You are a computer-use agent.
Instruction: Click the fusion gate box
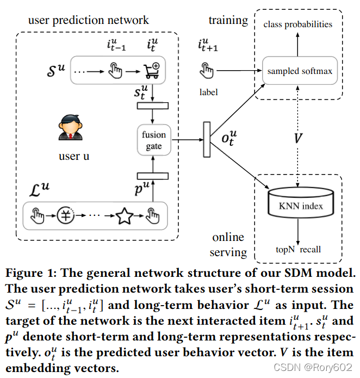[x=154, y=140]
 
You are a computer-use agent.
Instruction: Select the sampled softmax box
[x=300, y=71]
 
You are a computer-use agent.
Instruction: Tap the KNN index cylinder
[x=301, y=203]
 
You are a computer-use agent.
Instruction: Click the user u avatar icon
[x=70, y=127]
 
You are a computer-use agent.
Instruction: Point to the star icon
[x=125, y=216]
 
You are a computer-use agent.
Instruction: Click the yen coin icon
[x=66, y=215]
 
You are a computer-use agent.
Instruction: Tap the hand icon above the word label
[x=206, y=70]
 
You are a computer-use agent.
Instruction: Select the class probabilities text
[x=298, y=24]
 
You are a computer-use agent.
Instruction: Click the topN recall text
[x=299, y=250]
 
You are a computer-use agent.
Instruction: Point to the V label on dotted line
[x=298, y=138]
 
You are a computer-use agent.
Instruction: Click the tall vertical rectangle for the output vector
[x=207, y=140]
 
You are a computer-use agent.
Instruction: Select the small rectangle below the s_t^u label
[x=152, y=106]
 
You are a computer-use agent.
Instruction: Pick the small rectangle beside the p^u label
[x=152, y=176]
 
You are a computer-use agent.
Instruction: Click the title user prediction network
[x=89, y=20]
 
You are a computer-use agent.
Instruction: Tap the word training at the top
[x=228, y=21]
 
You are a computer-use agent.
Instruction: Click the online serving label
[x=228, y=245]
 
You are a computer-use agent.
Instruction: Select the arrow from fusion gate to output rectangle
[x=187, y=140]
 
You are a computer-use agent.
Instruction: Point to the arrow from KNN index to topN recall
[x=298, y=232]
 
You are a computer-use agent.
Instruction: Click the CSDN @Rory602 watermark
[x=313, y=367]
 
